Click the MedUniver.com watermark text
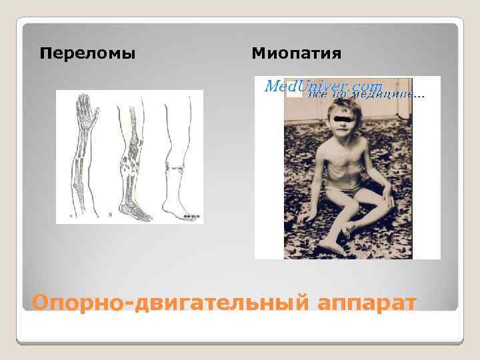(x=324, y=86)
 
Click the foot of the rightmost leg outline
(x=180, y=211)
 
